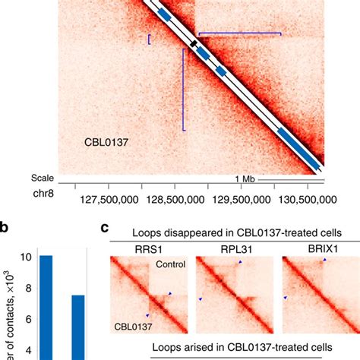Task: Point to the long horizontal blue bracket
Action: [239, 33]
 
